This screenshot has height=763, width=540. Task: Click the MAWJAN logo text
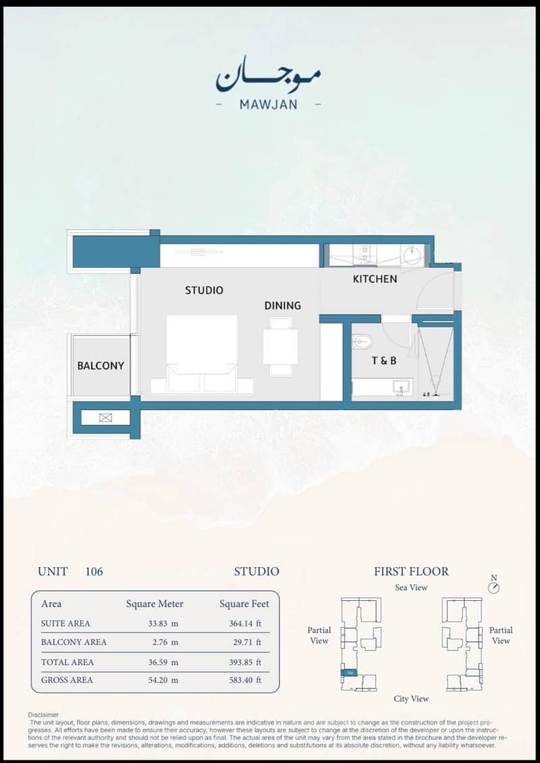pyautogui.click(x=268, y=104)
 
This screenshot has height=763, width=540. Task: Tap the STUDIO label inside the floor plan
pyautogui.click(x=204, y=290)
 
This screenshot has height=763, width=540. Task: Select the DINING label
pyautogui.click(x=283, y=306)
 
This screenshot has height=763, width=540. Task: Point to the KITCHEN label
pyautogui.click(x=375, y=279)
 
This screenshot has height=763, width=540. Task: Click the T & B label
pyautogui.click(x=384, y=361)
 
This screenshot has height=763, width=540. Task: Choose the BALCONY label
pyautogui.click(x=101, y=365)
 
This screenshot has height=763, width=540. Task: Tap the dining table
pyautogui.click(x=281, y=346)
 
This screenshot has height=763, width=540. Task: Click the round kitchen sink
pyautogui.click(x=412, y=255)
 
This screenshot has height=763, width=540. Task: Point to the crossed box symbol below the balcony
pyautogui.click(x=105, y=417)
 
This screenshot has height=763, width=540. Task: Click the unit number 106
pyautogui.click(x=94, y=571)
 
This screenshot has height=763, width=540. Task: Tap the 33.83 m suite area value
pyautogui.click(x=163, y=623)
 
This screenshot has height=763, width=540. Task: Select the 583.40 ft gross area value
pyautogui.click(x=245, y=680)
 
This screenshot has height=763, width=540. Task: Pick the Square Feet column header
pyautogui.click(x=244, y=604)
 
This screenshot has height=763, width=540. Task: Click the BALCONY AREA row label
pyautogui.click(x=74, y=642)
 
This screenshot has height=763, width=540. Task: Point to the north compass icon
pyautogui.click(x=494, y=585)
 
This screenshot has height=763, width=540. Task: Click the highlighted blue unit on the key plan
pyautogui.click(x=350, y=673)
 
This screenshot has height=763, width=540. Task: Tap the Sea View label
pyautogui.click(x=411, y=588)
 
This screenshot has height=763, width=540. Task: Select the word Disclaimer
pyautogui.click(x=43, y=715)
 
